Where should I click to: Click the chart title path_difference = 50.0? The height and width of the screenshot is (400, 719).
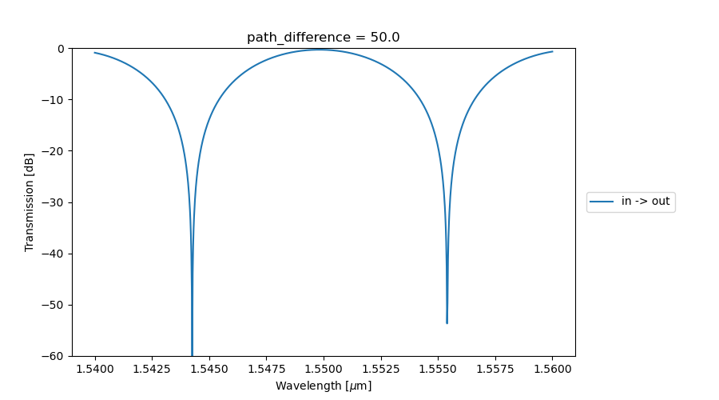(323, 38)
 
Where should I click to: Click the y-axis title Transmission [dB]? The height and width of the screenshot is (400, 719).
(30, 202)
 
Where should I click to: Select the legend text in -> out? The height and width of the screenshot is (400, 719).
(646, 202)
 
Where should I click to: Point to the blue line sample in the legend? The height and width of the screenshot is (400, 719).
(602, 202)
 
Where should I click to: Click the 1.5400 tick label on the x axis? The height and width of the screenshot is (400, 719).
(95, 369)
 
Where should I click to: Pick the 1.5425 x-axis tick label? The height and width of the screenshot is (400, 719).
(153, 369)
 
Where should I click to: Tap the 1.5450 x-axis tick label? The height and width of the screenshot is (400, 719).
(209, 369)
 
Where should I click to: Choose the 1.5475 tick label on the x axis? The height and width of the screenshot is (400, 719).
(267, 369)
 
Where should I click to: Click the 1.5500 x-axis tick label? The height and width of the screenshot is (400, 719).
(324, 369)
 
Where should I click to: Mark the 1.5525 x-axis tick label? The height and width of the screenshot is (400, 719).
(381, 369)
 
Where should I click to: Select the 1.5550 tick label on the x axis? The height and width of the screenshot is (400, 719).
(438, 369)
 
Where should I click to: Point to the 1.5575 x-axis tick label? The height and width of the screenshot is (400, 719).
(495, 369)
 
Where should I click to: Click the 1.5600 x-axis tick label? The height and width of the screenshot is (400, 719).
(552, 369)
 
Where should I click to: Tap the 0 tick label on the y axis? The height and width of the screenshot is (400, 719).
(61, 49)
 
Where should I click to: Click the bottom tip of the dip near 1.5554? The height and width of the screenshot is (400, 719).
(447, 323)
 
